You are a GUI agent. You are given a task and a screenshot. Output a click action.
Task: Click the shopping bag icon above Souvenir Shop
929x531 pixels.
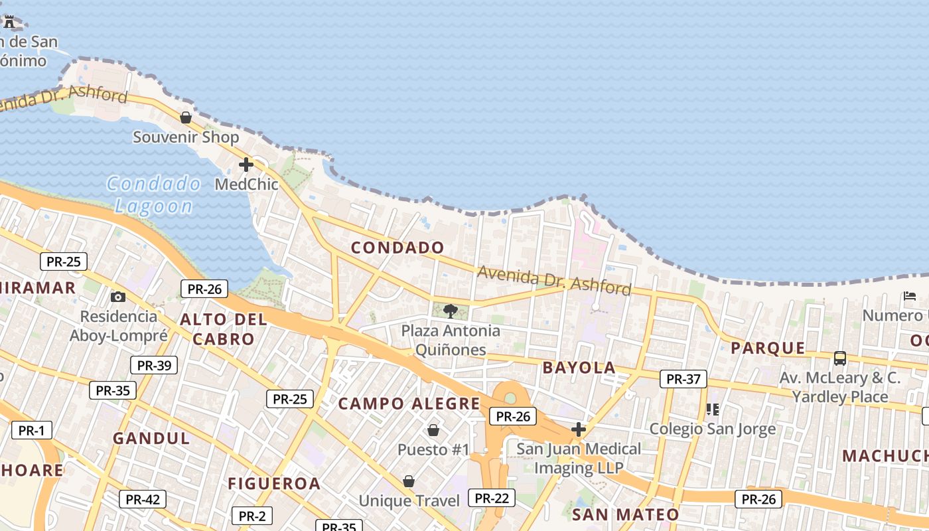tap(186, 117)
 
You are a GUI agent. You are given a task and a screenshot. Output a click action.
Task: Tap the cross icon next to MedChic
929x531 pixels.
tap(246, 165)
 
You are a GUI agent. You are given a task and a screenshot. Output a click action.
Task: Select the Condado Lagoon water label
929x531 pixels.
tap(154, 194)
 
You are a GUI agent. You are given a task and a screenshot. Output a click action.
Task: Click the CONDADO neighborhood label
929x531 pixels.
tap(397, 248)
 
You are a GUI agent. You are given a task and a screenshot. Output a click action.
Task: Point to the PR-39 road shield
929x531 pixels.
tap(153, 365)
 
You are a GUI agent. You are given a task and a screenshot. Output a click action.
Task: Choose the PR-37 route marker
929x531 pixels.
tap(683, 379)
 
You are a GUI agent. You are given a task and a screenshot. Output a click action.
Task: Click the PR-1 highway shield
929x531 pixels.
tap(31, 430)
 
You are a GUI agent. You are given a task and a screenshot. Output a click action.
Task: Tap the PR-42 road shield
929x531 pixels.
tap(142, 499)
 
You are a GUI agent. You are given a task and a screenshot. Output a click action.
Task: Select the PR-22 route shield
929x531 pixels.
tap(492, 498)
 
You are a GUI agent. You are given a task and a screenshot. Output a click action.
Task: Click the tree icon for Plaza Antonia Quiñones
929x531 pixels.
tap(451, 311)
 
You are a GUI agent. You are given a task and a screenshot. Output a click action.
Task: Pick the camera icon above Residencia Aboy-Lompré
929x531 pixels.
tap(118, 297)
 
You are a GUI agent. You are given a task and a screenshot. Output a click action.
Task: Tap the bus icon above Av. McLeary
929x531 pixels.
tap(840, 358)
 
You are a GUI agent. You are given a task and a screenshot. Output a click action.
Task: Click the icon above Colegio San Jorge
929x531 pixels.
tap(713, 409)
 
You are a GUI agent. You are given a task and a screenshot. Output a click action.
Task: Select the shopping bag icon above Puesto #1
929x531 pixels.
tap(433, 430)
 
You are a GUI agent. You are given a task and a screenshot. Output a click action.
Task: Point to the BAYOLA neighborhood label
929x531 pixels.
tap(579, 368)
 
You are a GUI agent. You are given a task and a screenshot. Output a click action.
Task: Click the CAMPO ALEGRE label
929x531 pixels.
tap(409, 404)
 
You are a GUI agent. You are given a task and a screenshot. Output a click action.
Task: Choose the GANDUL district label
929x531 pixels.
tap(151, 438)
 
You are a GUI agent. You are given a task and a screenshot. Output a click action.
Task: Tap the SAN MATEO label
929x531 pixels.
tap(625, 514)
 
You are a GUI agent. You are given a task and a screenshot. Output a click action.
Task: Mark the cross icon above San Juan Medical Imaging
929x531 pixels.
tap(579, 429)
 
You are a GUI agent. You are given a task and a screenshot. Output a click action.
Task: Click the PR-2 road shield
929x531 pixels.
tap(251, 516)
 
